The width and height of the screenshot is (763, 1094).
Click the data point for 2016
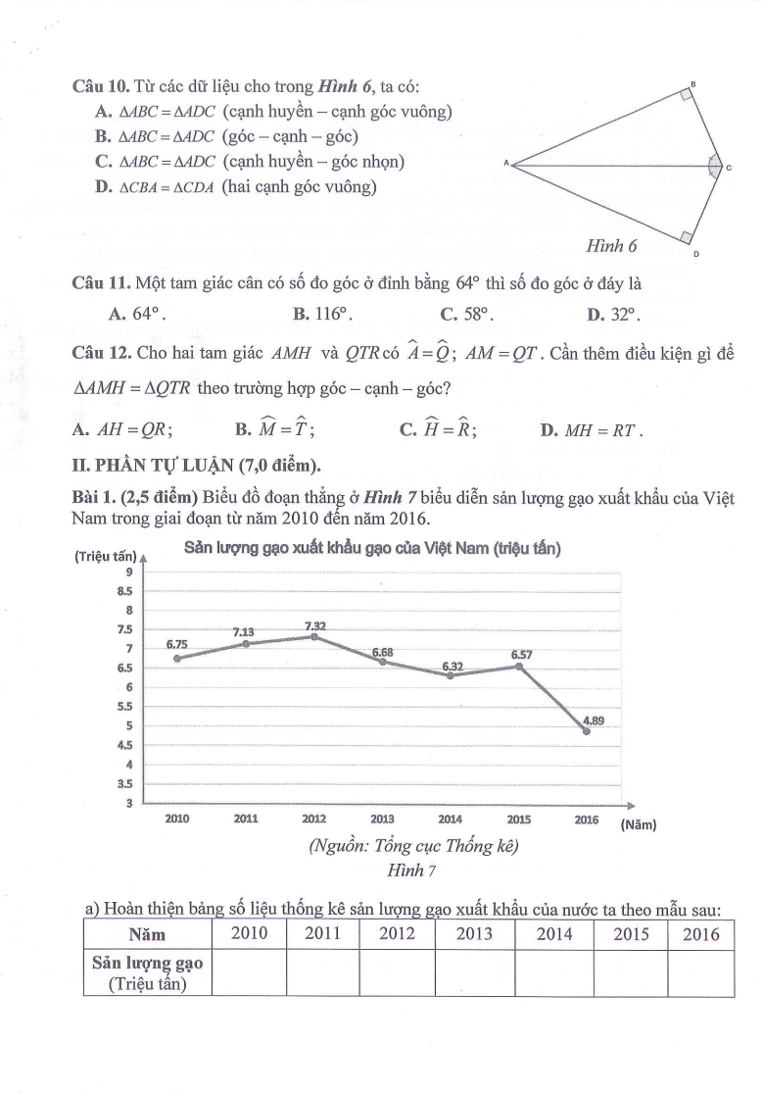[586, 731]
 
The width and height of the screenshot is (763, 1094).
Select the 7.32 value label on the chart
[315, 625]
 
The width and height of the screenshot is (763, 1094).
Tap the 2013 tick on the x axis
[383, 818]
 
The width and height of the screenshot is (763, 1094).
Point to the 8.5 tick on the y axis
[124, 591]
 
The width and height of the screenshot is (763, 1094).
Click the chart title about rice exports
[372, 549]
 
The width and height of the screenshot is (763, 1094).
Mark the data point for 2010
[177, 658]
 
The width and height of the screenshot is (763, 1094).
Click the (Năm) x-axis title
[639, 825]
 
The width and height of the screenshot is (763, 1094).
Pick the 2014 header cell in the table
[553, 934]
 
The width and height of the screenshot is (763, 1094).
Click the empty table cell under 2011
[322, 972]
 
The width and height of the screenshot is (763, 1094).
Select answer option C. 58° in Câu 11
[466, 315]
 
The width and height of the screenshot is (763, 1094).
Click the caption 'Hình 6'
[612, 246]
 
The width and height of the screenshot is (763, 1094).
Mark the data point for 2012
[314, 636]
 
